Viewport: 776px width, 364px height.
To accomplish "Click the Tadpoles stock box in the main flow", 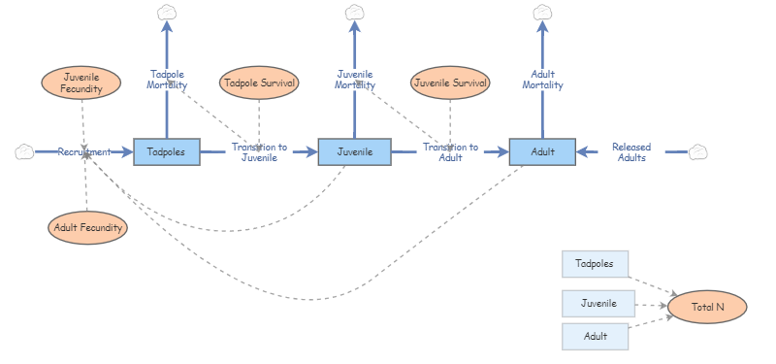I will (x=167, y=151).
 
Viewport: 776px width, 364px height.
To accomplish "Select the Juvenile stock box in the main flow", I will (x=354, y=151).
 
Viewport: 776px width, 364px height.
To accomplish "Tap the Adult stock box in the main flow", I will (x=542, y=151).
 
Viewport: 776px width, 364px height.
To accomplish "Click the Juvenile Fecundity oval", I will (x=81, y=82).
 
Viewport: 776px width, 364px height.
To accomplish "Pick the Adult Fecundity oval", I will (x=87, y=228).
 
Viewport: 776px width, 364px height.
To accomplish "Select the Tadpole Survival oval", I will (x=259, y=83).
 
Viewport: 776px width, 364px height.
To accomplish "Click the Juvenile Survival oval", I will (x=450, y=83).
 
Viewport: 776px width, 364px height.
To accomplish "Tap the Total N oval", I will (x=707, y=307).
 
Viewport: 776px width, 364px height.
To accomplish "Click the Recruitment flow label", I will (x=83, y=151).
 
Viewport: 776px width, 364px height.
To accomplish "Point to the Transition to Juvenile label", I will (x=259, y=152).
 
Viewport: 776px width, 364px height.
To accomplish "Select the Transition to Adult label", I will (x=450, y=152).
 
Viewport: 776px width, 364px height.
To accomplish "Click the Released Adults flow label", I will (x=631, y=152).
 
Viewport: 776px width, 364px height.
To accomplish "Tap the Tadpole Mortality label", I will (x=167, y=80).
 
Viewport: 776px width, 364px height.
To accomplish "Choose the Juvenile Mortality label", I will (x=355, y=80).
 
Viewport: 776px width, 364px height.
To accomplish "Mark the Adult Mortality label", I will (x=542, y=80).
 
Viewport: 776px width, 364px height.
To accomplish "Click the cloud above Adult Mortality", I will (x=542, y=13).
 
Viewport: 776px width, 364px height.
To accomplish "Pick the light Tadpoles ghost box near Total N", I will (x=595, y=263).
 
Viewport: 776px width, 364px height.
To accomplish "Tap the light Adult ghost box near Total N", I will (x=596, y=337).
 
